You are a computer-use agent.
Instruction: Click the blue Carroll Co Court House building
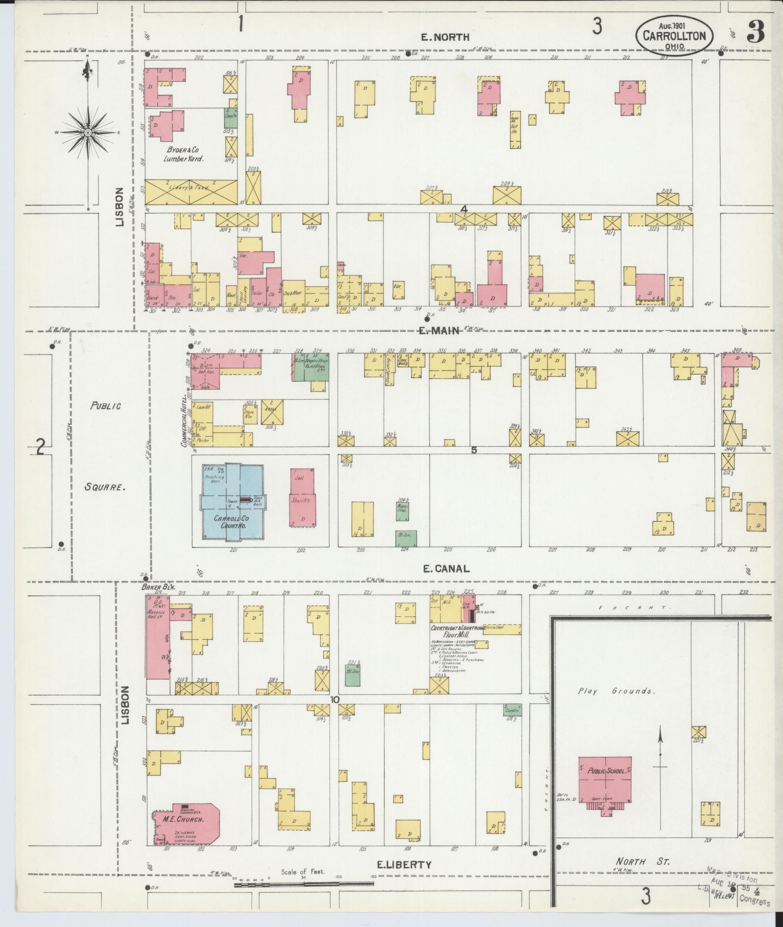pyautogui.click(x=232, y=503)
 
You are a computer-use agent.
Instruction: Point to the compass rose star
pyautogui.click(x=88, y=132)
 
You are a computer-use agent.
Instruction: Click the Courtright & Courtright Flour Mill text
pyautogui.click(x=457, y=632)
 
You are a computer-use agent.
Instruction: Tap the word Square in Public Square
pyautogui.click(x=105, y=486)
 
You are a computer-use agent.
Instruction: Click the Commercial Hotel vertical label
pyautogui.click(x=183, y=422)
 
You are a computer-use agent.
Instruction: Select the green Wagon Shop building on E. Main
pyautogui.click(x=311, y=369)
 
